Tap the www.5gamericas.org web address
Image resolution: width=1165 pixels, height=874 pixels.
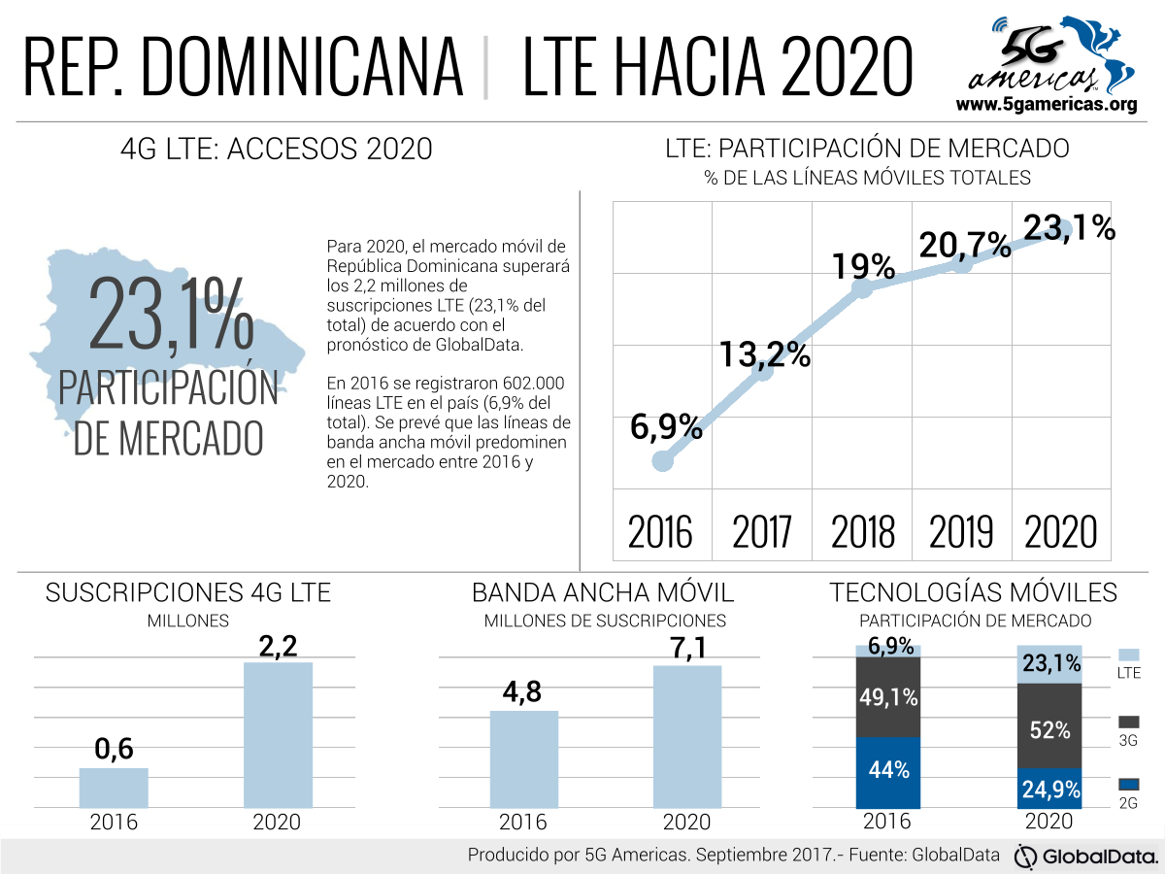pyautogui.click(x=1046, y=104)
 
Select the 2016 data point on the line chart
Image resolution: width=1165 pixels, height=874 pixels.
pyautogui.click(x=662, y=460)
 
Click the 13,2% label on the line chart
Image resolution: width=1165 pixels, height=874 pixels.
pyautogui.click(x=765, y=354)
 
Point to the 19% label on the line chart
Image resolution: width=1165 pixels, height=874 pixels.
pyautogui.click(x=862, y=265)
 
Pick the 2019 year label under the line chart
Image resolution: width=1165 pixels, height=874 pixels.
pyautogui.click(x=961, y=532)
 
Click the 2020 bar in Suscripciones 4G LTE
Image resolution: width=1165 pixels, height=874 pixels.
pyautogui.click(x=278, y=734)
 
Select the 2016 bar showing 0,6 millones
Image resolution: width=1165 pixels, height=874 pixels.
pyautogui.click(x=114, y=788)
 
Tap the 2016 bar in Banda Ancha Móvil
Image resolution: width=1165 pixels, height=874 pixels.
pyautogui.click(x=524, y=758)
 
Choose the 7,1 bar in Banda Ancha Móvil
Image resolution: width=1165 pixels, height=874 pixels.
pyautogui.click(x=687, y=736)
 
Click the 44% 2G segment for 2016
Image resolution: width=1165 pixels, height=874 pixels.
pyautogui.click(x=888, y=772)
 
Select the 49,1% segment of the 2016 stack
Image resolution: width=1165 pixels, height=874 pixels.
pyautogui.click(x=888, y=697)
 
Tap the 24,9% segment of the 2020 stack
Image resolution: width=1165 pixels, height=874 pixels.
pyautogui.click(x=1049, y=790)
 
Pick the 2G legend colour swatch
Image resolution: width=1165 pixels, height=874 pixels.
pyautogui.click(x=1128, y=784)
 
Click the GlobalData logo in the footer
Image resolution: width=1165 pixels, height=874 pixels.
pyautogui.click(x=1086, y=857)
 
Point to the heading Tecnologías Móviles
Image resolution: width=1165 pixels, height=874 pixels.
pyautogui.click(x=973, y=592)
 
